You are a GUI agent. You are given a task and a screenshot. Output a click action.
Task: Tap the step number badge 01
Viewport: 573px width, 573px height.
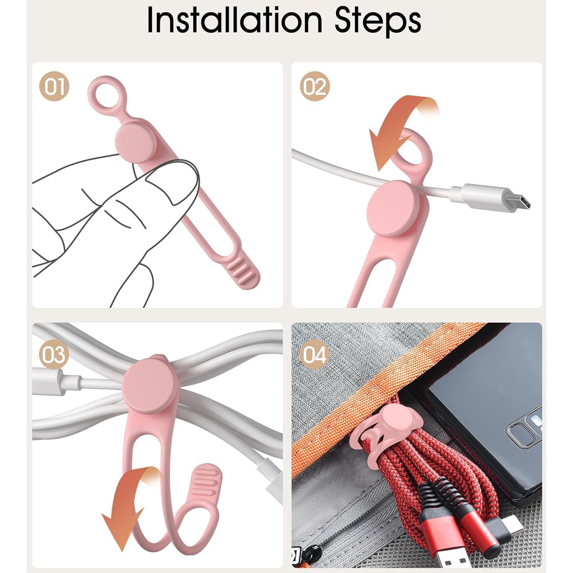54,86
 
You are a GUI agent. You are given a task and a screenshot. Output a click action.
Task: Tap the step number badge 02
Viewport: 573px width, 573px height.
315,86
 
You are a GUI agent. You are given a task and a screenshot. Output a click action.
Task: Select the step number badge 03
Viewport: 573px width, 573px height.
54,355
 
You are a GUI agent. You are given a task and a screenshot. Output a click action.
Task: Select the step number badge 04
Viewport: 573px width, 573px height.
315,355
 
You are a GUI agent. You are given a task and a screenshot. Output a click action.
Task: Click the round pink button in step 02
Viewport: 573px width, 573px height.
393,205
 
